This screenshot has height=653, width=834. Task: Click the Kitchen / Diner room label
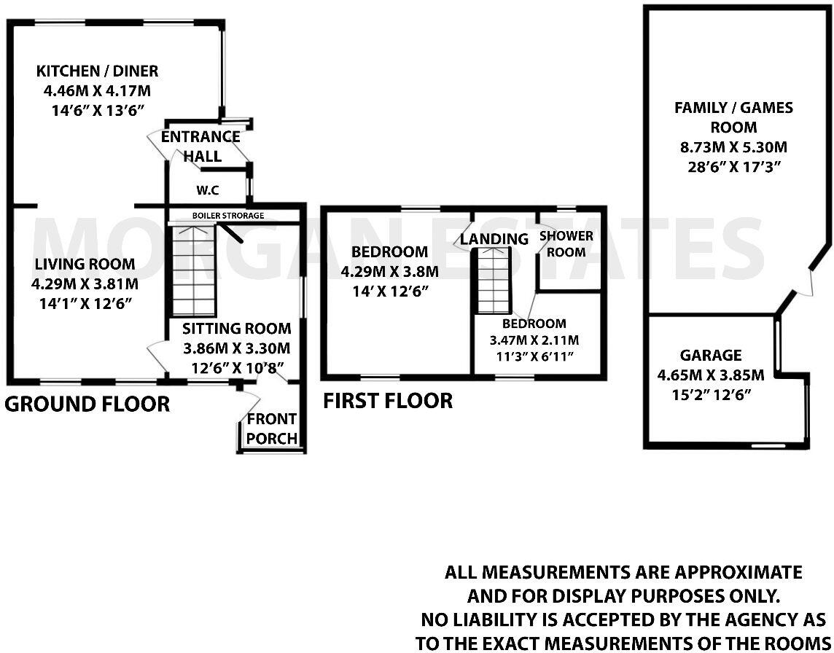pos(98,71)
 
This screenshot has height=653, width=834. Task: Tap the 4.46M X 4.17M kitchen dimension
pos(98,91)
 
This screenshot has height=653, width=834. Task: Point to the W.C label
pos(208,191)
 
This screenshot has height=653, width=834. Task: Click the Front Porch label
pos(272,429)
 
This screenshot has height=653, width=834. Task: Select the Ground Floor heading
pos(87,404)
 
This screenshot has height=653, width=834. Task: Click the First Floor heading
pos(388,400)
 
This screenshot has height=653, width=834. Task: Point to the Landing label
pos(494,239)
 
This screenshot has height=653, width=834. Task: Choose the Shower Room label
pos(566,244)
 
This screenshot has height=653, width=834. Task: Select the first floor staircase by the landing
pos(491,280)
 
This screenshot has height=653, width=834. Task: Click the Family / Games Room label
pos(733,117)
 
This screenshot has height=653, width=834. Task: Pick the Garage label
pos(711,356)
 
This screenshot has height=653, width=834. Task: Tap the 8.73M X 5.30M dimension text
pos(733,147)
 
